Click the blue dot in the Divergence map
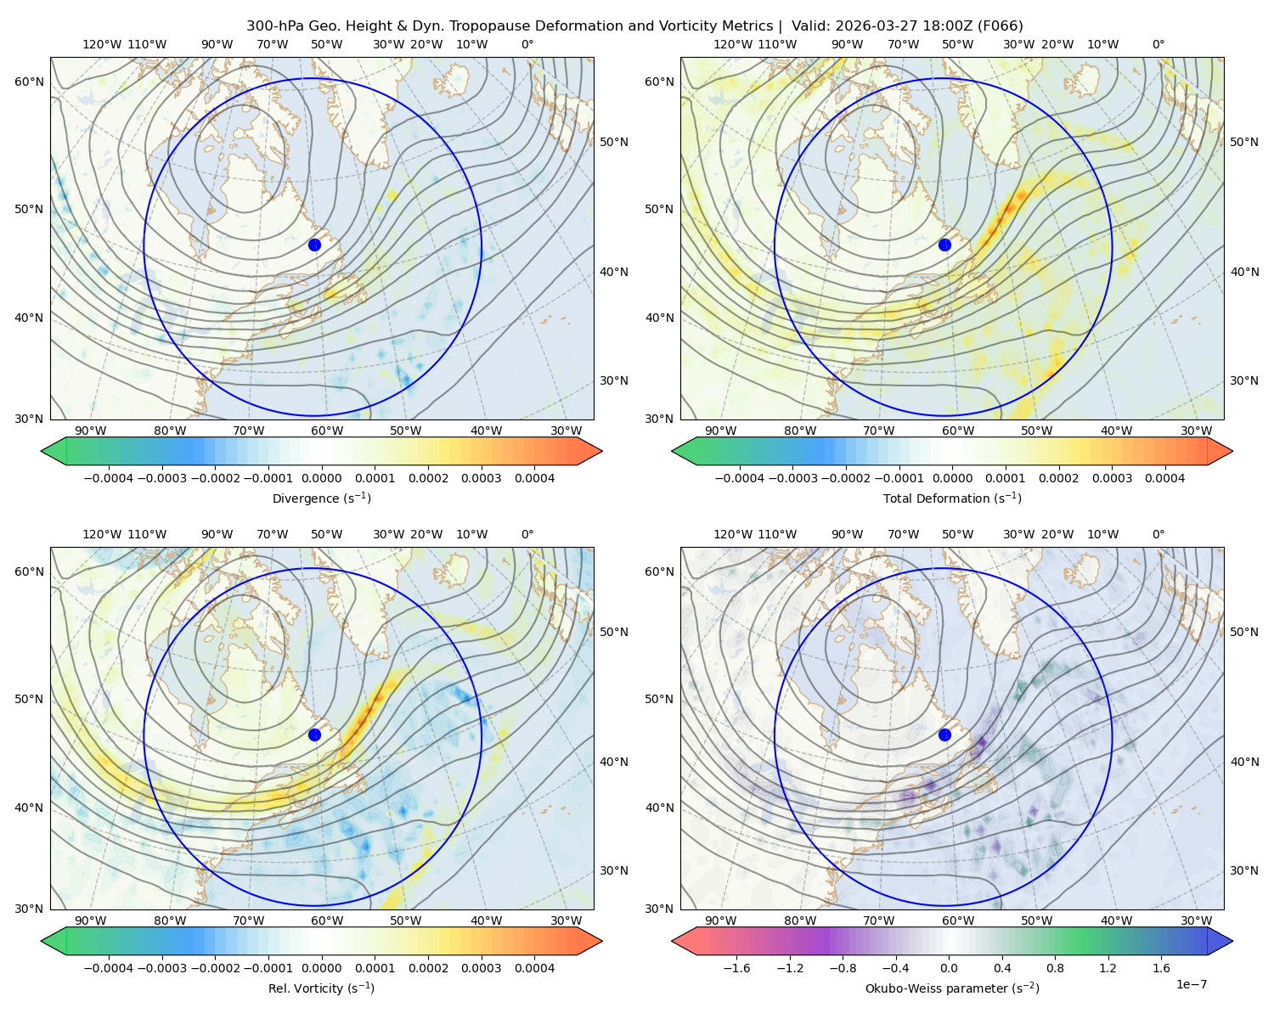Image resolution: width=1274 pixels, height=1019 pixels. (314, 245)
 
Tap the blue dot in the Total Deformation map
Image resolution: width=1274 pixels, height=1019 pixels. (944, 245)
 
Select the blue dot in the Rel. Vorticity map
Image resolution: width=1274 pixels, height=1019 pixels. (314, 735)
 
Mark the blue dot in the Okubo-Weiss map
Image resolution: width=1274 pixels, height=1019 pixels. (944, 735)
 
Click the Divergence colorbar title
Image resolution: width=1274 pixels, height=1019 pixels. (321, 498)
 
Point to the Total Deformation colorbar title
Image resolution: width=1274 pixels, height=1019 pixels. (952, 498)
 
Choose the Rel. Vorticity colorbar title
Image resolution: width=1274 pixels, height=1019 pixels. (321, 988)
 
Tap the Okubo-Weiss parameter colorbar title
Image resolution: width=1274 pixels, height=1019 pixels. (952, 988)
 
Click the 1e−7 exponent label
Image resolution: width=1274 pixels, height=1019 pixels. (1191, 984)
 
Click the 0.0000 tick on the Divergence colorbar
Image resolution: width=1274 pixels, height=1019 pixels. (321, 478)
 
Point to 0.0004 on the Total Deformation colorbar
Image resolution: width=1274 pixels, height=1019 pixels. (1164, 478)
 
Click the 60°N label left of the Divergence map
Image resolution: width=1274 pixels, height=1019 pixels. (29, 82)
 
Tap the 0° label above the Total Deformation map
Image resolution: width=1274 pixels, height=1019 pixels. (1158, 44)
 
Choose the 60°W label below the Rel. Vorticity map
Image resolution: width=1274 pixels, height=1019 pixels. (327, 920)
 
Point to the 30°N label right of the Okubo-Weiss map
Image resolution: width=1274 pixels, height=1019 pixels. (1244, 870)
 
